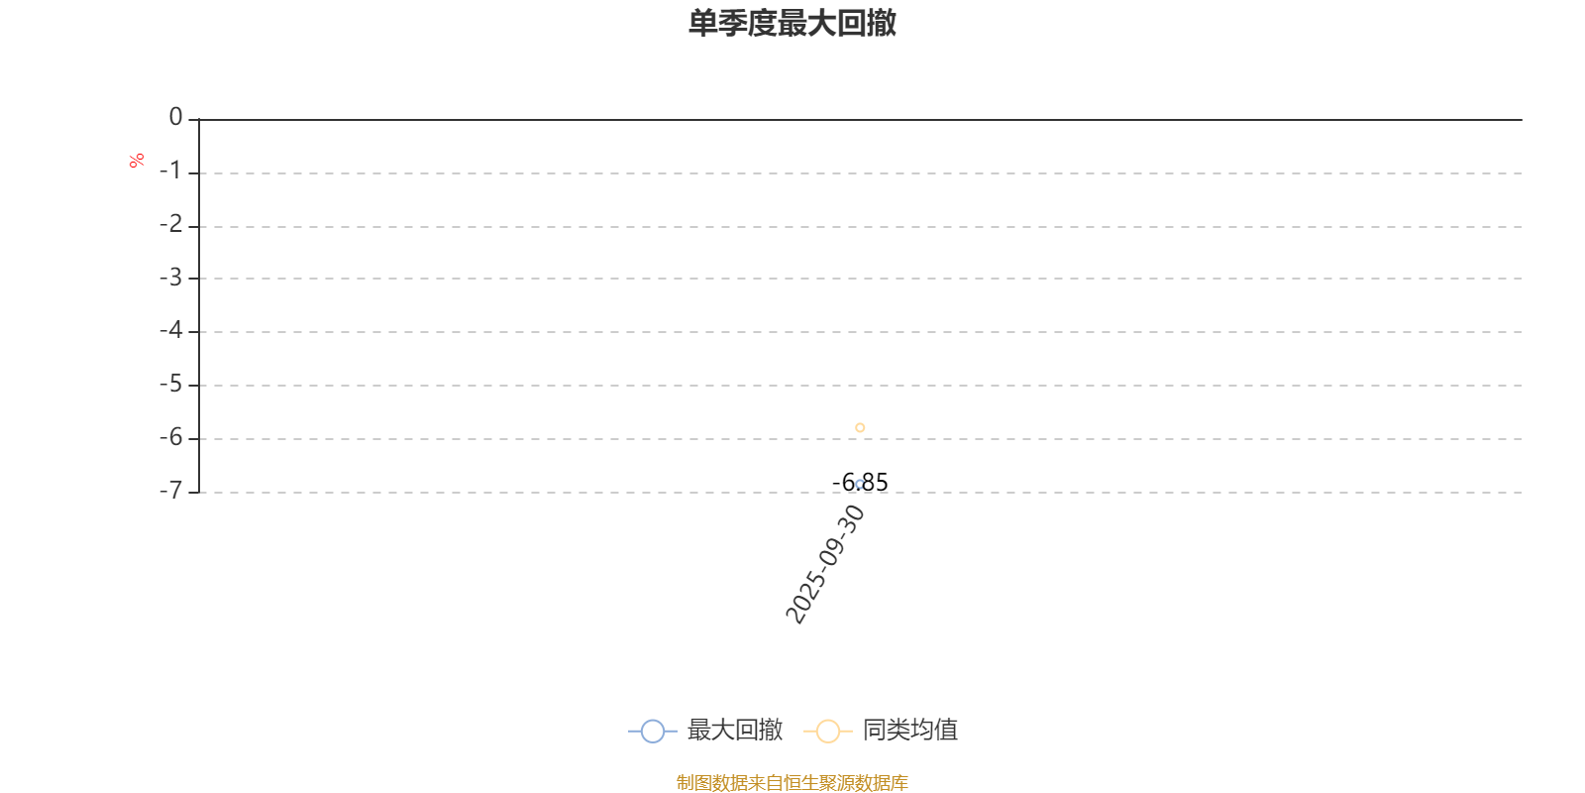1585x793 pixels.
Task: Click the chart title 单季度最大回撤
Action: coord(792,23)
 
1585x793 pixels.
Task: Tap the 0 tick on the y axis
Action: coord(175,118)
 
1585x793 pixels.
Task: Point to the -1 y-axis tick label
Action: coord(170,171)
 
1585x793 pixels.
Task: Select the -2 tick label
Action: coord(170,225)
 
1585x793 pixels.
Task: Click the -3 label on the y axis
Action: coord(170,278)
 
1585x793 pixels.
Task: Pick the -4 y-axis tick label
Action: coord(170,330)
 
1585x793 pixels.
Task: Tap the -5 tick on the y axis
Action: coord(170,384)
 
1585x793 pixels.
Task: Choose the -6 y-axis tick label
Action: coord(170,437)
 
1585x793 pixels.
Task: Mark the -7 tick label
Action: coord(170,491)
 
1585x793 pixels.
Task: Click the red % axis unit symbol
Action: coord(137,160)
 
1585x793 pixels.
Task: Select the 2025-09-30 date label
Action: coord(825,564)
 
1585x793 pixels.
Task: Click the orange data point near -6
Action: coord(860,427)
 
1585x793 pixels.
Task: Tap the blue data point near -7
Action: coord(860,484)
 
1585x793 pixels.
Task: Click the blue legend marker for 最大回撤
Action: coord(652,732)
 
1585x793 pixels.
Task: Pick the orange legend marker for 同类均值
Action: coord(827,732)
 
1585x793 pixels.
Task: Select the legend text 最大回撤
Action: coord(734,731)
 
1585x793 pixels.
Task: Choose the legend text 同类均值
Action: coord(909,731)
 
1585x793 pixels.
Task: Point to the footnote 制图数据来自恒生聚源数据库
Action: coord(792,783)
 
